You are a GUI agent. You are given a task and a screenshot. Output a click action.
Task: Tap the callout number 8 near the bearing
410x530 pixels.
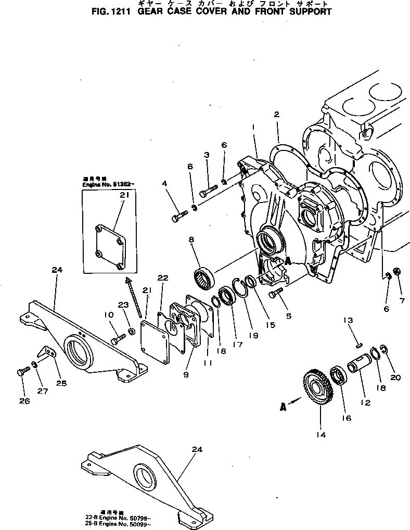pos(191,240)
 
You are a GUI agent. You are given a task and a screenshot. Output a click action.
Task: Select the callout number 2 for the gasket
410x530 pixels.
pos(277,115)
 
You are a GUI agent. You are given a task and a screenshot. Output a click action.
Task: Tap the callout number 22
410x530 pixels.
pos(163,279)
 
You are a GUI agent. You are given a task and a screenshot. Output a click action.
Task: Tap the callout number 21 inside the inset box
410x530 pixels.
pos(124,195)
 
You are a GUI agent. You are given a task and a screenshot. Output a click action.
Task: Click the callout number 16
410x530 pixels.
pos(347,418)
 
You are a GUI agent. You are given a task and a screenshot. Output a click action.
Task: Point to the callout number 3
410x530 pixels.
pos(207,155)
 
